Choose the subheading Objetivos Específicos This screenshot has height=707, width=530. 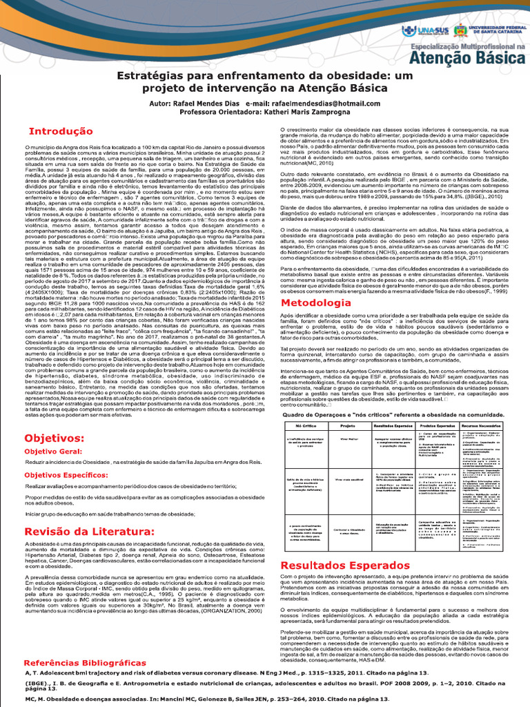71,475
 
